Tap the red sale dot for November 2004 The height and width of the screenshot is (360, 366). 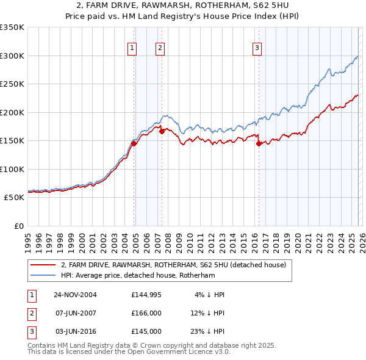point(134,143)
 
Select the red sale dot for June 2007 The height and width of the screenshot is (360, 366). point(162,131)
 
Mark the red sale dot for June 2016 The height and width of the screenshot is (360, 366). point(259,143)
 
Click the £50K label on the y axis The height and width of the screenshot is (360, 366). point(14,198)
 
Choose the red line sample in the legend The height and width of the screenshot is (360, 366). point(43,265)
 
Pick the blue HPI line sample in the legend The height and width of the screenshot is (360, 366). point(43,275)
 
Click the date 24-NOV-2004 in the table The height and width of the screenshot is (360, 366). point(75,295)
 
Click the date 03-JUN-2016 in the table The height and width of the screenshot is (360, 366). point(75,331)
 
